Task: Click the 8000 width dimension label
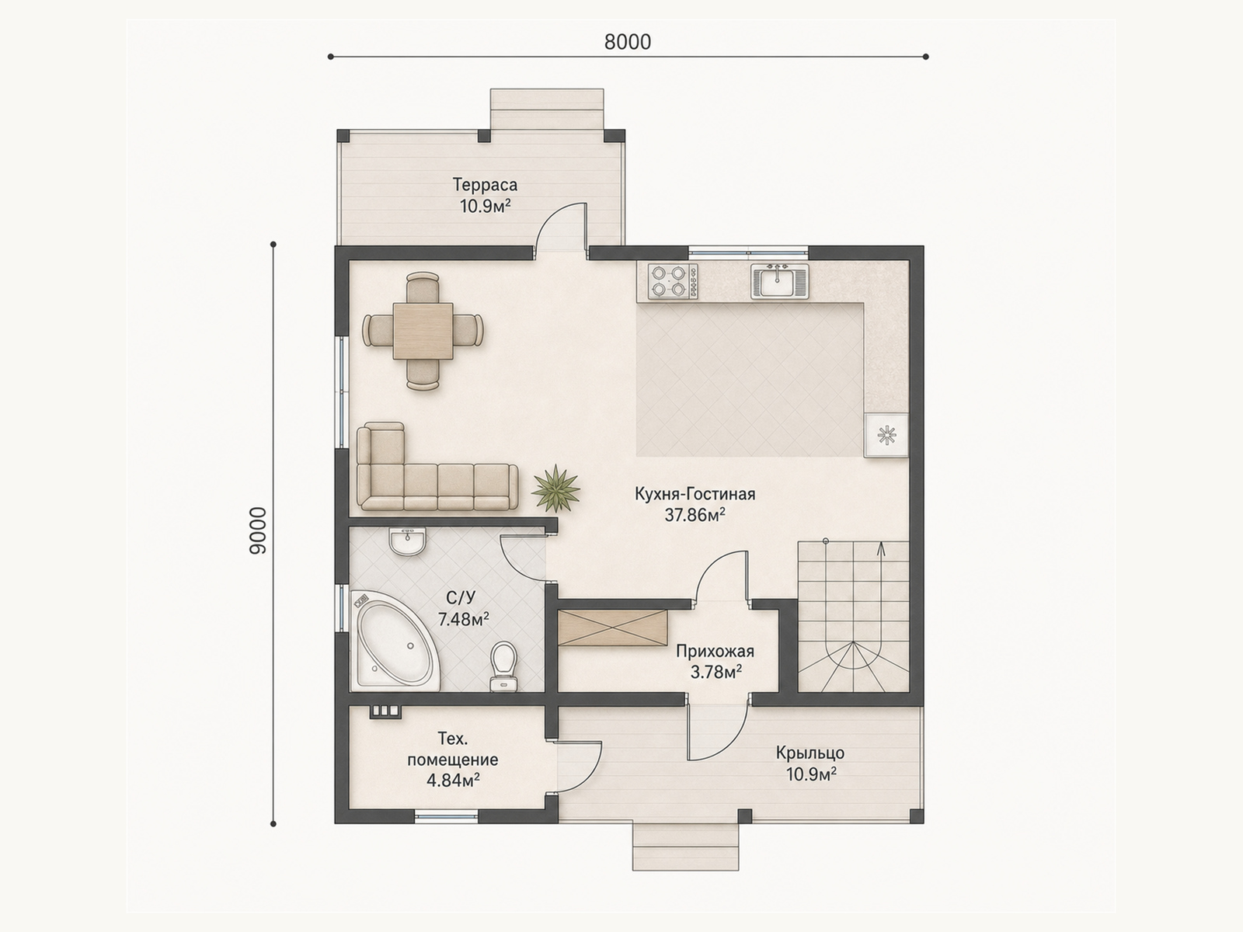click(x=628, y=42)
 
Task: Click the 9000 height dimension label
click(x=258, y=530)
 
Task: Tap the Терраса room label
click(x=485, y=185)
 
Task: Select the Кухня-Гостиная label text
click(x=695, y=494)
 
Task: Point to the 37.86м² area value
click(x=695, y=515)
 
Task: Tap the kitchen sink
click(x=778, y=281)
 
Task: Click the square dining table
click(x=423, y=331)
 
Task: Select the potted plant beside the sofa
click(x=556, y=489)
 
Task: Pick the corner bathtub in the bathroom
click(x=394, y=641)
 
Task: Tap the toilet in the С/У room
click(x=503, y=666)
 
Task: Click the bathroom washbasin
click(x=408, y=541)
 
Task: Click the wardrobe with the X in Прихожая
click(x=612, y=628)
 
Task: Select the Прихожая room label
click(x=716, y=652)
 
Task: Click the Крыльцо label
click(x=810, y=753)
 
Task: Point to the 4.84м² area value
click(x=453, y=781)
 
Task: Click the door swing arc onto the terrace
click(x=552, y=218)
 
